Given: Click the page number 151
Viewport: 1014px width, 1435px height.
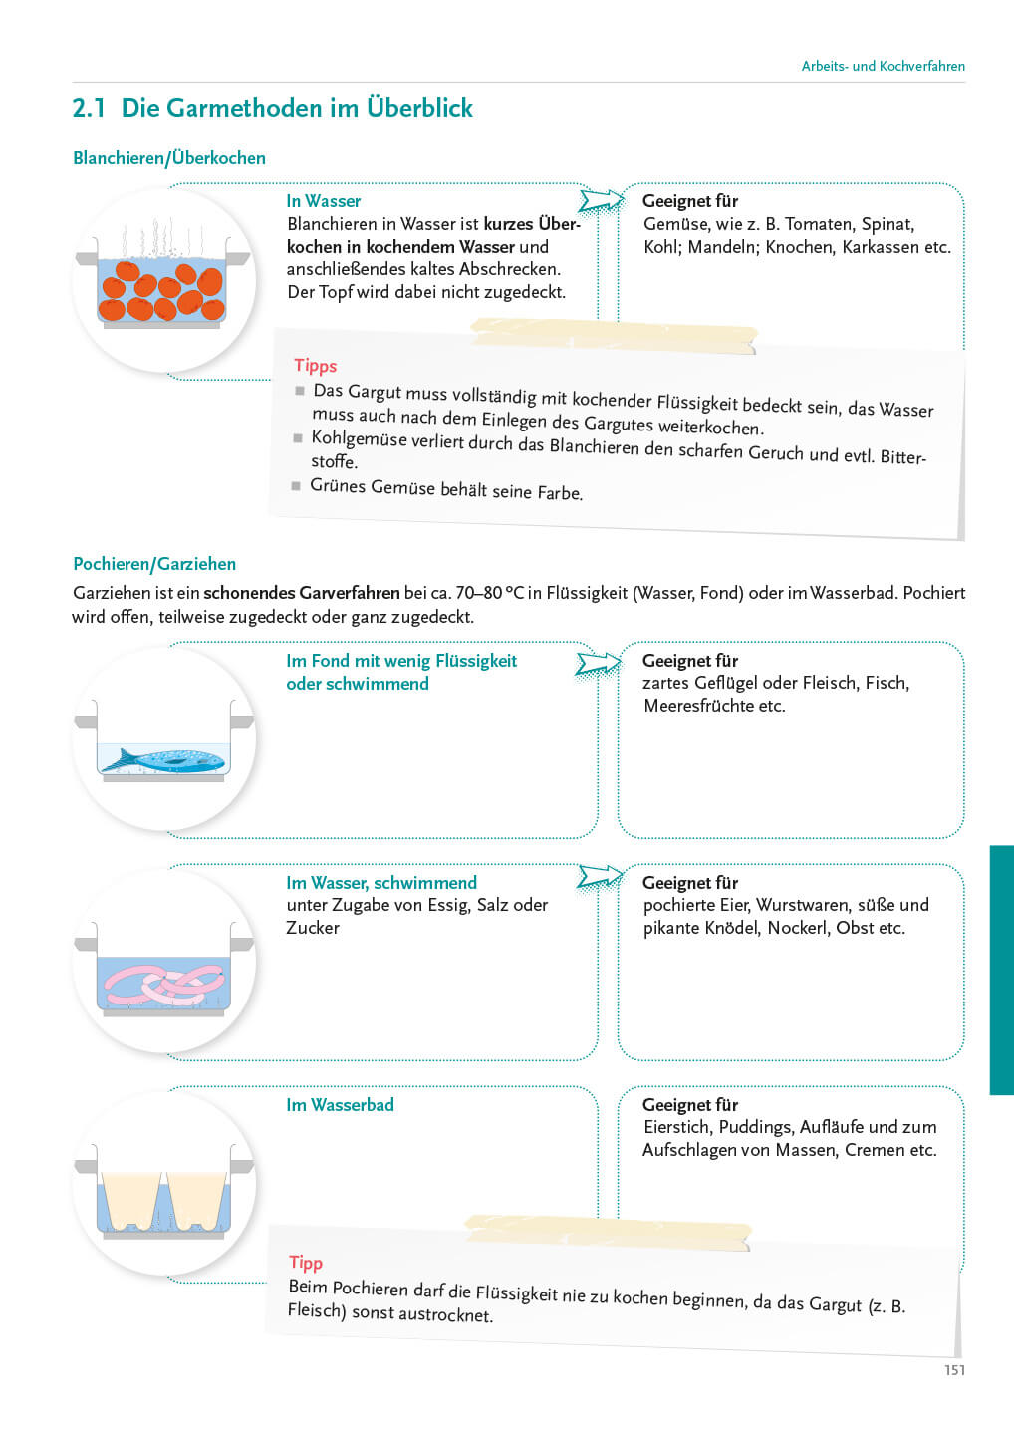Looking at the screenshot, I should pos(954,1370).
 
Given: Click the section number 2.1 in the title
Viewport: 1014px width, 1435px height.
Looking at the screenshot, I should pos(89,108).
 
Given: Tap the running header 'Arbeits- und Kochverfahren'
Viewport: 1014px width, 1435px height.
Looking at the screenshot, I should pos(883,66).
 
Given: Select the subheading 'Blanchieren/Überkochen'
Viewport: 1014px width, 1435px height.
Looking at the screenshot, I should pos(169,158).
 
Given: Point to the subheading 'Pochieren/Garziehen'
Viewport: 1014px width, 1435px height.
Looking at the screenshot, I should pos(154,564).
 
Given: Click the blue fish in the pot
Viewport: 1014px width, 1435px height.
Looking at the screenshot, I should pos(164,760).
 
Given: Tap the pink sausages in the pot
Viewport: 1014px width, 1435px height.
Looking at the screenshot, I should pos(165,984).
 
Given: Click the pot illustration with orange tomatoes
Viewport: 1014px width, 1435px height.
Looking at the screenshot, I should pos(164,284).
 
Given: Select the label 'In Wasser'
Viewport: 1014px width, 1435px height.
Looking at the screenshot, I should pos(324,201).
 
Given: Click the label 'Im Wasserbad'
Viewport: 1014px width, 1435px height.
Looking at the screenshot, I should pos(340,1105).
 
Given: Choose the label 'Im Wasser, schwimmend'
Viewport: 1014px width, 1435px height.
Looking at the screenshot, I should pos(381,883).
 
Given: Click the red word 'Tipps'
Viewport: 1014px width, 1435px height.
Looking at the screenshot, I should pos(316,366).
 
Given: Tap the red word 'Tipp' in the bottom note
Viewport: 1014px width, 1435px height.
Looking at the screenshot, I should pos(306,1263).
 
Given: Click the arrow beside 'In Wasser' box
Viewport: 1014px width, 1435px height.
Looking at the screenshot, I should pos(601,201).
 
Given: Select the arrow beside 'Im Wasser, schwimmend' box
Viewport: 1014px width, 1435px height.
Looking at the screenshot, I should pos(601,877).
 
